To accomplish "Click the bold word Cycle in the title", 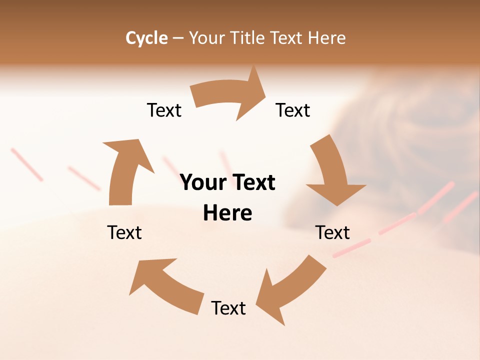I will [146, 38].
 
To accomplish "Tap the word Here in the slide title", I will [327, 38].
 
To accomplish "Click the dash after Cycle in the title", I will [178, 38].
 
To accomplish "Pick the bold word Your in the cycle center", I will [203, 182].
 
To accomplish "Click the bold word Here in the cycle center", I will [227, 213].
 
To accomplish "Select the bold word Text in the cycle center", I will [252, 182].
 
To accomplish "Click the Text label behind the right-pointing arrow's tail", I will [164, 110].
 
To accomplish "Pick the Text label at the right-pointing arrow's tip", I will [293, 110].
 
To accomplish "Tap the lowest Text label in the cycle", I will [228, 308].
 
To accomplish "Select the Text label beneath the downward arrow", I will [332, 232].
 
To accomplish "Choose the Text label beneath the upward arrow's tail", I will [124, 232].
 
